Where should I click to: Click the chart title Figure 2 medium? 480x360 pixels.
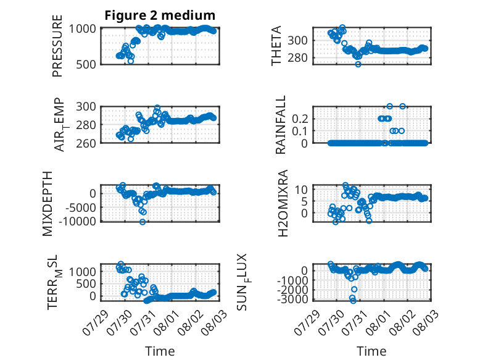click(160, 15)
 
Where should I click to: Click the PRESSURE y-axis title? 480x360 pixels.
click(57, 46)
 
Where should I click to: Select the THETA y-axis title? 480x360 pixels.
click(276, 46)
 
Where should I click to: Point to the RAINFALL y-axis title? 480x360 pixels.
click(280, 124)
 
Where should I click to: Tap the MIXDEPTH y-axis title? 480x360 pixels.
click(48, 203)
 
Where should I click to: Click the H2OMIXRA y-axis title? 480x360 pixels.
click(283, 203)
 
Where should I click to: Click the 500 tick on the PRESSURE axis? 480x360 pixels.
click(86, 64)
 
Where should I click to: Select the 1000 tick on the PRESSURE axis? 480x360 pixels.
click(83, 29)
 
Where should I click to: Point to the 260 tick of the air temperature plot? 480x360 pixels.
click(86, 143)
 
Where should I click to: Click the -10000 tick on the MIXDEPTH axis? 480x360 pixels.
click(77, 221)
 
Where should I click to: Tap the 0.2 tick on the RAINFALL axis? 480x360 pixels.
click(300, 119)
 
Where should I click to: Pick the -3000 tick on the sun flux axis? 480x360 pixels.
click(292, 299)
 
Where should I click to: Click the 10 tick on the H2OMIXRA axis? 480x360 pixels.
click(302, 190)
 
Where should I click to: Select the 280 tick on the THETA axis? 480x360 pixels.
click(298, 57)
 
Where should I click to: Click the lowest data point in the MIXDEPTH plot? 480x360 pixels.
click(143, 222)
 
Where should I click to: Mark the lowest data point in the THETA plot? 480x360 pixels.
click(358, 64)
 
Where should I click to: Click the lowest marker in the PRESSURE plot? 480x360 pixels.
click(131, 61)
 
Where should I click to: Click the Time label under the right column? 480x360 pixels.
click(371, 351)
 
